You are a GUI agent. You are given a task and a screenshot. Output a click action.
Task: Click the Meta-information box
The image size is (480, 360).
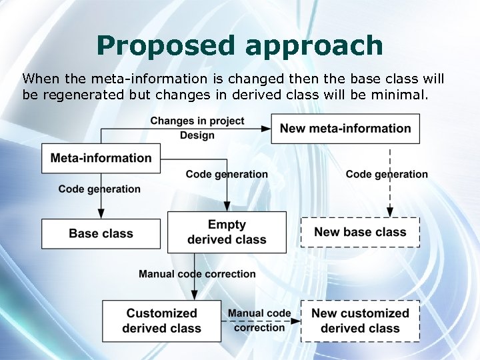(x=101, y=159)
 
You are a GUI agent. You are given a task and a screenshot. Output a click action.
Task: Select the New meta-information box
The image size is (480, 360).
(x=345, y=129)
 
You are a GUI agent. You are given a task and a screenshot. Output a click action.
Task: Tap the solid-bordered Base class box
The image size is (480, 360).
(x=101, y=233)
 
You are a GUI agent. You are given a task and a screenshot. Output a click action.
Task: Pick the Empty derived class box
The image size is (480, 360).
(x=227, y=232)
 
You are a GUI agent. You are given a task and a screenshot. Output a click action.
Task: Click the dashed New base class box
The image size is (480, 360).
(x=360, y=232)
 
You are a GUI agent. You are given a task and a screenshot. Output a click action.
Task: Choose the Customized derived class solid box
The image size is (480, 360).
(x=161, y=321)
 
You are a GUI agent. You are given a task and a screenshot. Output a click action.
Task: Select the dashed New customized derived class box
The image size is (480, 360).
(x=360, y=321)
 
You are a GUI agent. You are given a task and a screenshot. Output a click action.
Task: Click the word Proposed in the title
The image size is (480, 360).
(x=166, y=45)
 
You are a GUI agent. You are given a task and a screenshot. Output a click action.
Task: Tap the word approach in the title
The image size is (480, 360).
(x=314, y=45)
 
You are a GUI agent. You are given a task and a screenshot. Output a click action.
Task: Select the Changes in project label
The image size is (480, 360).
(x=197, y=121)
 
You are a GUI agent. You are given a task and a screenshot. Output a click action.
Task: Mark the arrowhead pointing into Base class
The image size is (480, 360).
(x=101, y=213)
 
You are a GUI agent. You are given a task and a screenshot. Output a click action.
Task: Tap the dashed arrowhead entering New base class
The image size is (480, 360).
(x=390, y=211)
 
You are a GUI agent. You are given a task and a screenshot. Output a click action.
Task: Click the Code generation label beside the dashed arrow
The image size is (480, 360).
(x=387, y=174)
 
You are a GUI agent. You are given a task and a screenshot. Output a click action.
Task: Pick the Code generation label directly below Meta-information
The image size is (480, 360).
(x=99, y=189)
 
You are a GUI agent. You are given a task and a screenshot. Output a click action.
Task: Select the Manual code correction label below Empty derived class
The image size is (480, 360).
(x=197, y=274)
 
